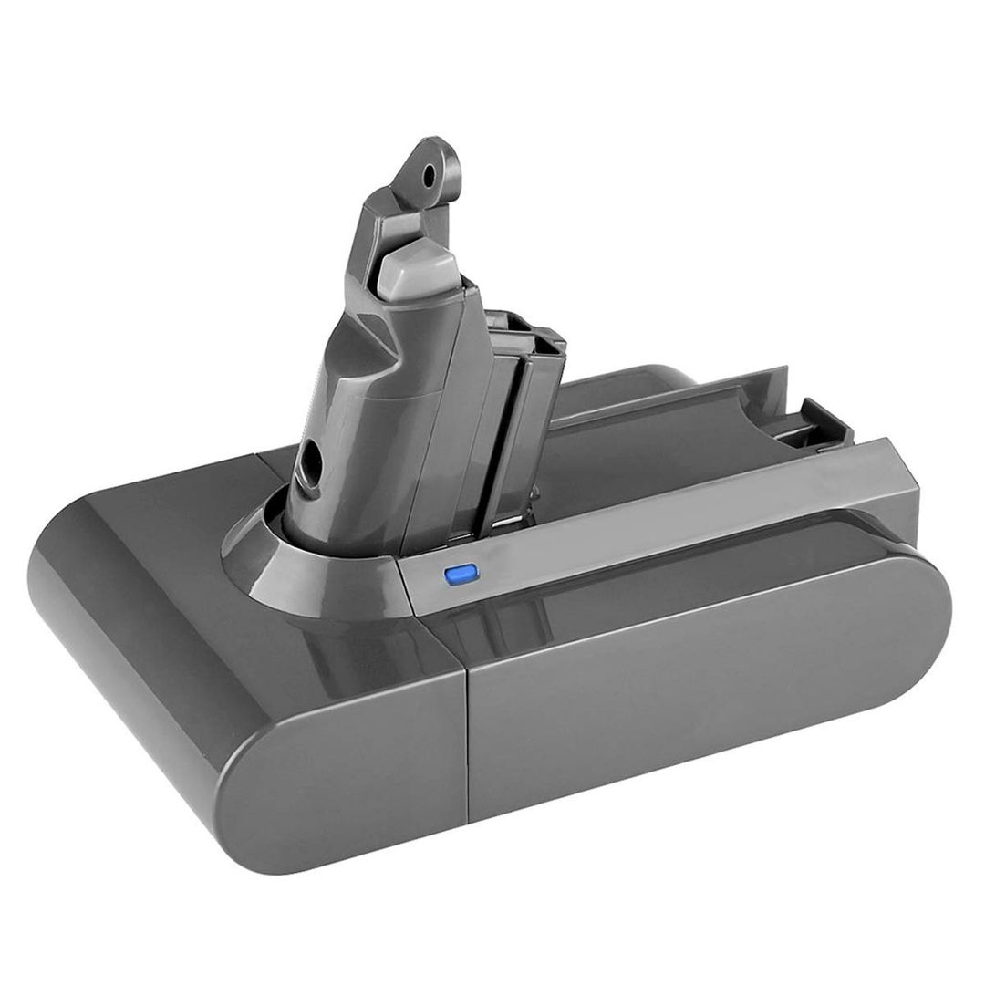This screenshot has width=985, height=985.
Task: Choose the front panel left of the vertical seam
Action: [x=347, y=730]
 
